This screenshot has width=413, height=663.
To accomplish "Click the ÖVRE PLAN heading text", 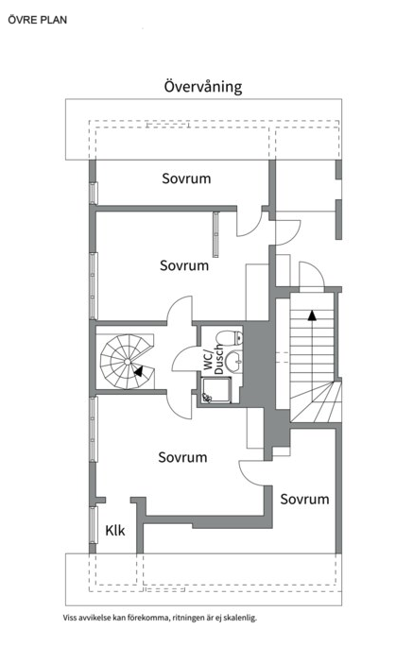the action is coord(37,20).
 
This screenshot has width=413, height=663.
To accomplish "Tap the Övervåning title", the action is coord(203,87).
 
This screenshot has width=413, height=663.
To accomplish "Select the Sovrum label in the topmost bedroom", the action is coord(186,178).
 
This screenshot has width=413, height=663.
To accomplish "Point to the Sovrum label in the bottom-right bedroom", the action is coord(304,499).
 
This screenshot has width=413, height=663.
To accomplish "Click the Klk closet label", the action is coord(115,530).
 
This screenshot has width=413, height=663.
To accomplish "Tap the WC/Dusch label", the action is coord(213,360).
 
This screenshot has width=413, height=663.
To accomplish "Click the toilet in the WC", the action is coord(230,338).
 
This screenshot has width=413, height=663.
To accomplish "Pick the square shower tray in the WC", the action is coord(216,390).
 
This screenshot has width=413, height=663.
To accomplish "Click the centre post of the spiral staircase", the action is coord(128,362).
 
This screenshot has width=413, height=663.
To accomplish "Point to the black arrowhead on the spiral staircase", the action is coord(138,371).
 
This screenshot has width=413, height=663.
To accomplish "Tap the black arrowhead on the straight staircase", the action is coord(312,315).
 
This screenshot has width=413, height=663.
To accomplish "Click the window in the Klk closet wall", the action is coord(94,525).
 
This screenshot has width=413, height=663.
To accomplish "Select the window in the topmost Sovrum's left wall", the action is coord(94,193).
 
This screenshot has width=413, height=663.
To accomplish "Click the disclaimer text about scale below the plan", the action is coord(160,618).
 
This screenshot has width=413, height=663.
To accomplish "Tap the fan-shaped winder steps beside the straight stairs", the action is coord(316,401).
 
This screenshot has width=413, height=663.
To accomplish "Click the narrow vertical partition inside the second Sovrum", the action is coord(215,234).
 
